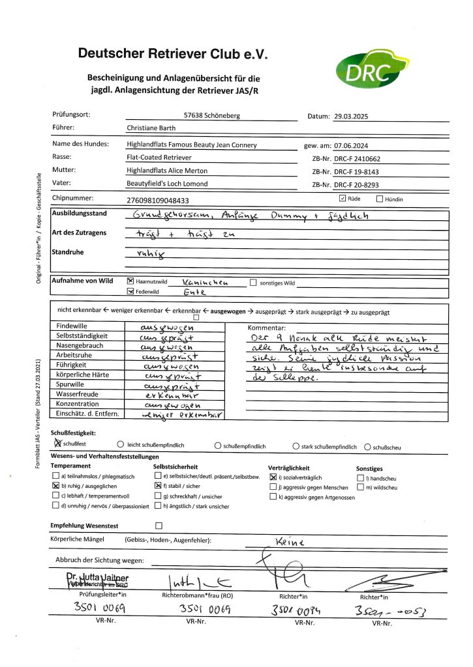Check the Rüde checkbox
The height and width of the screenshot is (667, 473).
(x=343, y=198)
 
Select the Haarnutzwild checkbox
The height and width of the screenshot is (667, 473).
(x=129, y=282)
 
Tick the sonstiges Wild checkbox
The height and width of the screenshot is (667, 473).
(x=253, y=282)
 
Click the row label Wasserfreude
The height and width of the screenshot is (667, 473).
(x=77, y=394)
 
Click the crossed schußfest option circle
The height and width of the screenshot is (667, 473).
(x=56, y=444)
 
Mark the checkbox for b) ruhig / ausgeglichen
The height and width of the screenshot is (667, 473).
(x=55, y=486)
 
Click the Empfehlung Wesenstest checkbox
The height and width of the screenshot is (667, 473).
(x=158, y=525)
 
